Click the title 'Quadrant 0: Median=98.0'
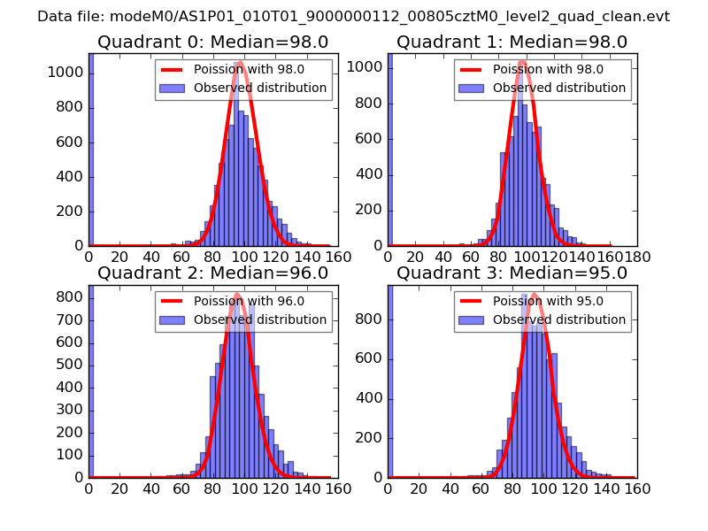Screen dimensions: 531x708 [x=212, y=42]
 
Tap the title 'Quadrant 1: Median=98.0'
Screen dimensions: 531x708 [x=512, y=42]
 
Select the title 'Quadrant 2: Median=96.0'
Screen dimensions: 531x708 [x=212, y=273]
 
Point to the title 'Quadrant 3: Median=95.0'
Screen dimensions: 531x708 [x=512, y=273]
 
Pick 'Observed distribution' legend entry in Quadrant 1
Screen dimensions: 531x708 [x=559, y=88]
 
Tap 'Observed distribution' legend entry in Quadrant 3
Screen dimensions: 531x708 [x=559, y=319]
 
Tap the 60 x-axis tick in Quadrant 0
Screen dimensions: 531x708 [x=182, y=257]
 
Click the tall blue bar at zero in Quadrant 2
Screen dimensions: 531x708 [x=91, y=381]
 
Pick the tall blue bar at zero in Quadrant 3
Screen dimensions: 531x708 [x=390, y=381]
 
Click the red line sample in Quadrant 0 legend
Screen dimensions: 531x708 [x=173, y=70]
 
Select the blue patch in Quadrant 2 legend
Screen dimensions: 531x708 [x=173, y=319]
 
